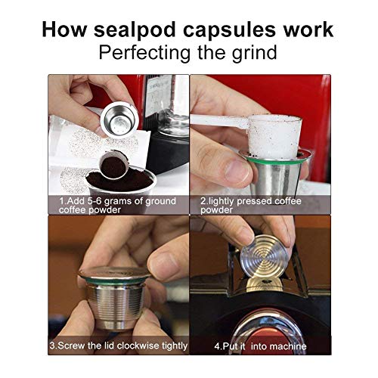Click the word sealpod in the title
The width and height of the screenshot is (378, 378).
[x=135, y=30]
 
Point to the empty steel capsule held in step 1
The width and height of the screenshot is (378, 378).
[x=119, y=119]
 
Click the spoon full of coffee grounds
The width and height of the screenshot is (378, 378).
[x=113, y=165]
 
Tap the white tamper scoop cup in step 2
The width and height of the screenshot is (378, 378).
[x=274, y=137]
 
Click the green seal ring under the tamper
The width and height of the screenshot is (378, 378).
[x=274, y=160]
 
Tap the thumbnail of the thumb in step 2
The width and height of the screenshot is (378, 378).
[x=237, y=171]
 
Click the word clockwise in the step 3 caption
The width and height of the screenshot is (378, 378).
[x=138, y=345]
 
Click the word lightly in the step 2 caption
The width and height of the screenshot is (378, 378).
[x=222, y=202]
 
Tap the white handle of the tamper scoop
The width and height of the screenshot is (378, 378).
[x=218, y=120]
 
